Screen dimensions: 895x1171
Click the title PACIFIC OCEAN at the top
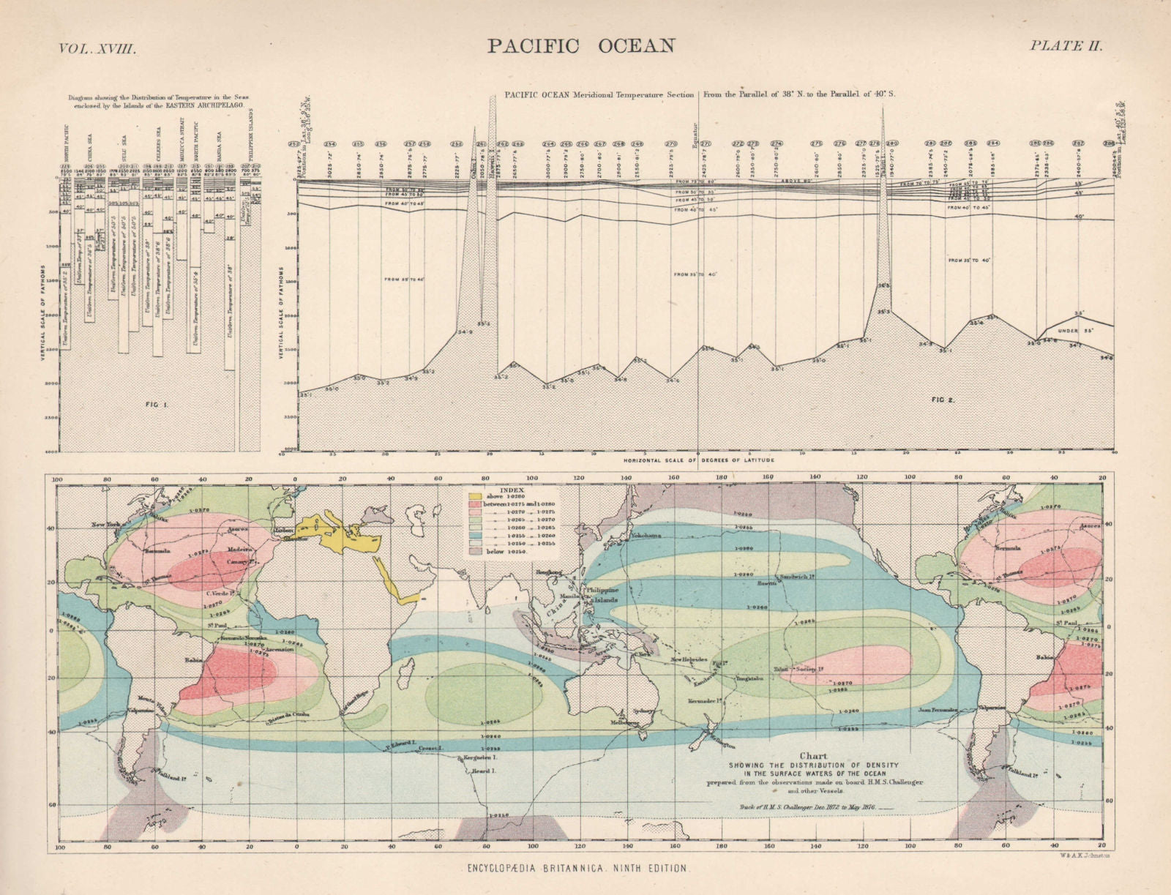point(581,45)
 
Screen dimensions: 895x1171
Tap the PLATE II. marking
point(1066,45)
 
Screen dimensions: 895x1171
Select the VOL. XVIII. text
point(97,48)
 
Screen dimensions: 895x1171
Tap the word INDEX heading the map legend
point(511,490)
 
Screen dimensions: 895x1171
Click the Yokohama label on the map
point(645,535)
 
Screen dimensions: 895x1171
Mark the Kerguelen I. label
point(479,758)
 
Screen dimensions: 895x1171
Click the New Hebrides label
point(690,659)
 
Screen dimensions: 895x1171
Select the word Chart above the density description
point(813,756)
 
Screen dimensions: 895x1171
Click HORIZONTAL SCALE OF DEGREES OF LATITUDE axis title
point(698,460)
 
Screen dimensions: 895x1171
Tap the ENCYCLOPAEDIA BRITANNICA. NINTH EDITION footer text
point(578,869)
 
